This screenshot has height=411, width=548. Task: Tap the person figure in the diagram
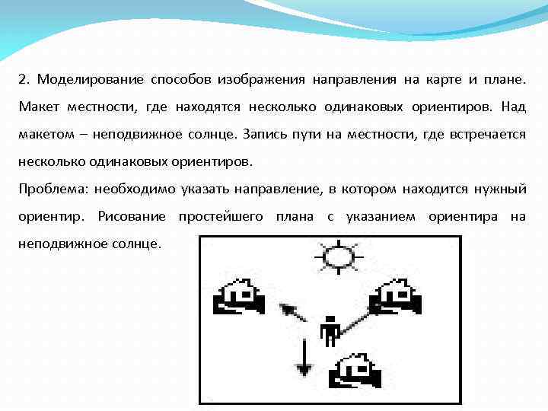330,330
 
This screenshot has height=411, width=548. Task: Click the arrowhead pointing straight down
304,370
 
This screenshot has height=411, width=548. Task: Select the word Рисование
132,216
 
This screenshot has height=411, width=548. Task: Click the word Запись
263,134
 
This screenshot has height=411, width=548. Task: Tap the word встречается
484,134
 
